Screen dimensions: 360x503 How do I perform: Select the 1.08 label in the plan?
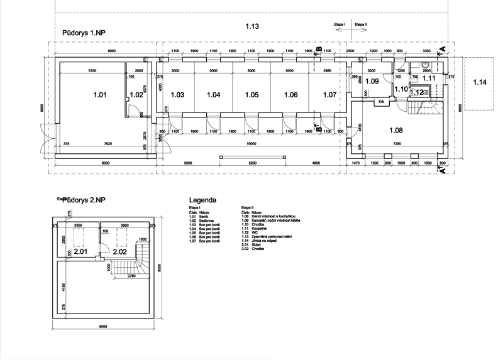(x=396, y=130)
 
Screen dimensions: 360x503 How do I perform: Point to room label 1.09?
(x=372, y=82)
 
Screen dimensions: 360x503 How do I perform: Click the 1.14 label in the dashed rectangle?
(x=480, y=82)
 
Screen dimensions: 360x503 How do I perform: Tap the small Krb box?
(x=381, y=102)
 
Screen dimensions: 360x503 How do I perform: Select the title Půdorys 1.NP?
(x=84, y=31)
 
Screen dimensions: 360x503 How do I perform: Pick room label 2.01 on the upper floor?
(x=80, y=251)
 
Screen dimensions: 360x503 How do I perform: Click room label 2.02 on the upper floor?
(x=119, y=251)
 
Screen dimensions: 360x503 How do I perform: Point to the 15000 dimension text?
(x=251, y=143)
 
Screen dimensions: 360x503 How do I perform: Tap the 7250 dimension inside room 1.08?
(x=397, y=144)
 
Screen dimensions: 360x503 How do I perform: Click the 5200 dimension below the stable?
(x=251, y=163)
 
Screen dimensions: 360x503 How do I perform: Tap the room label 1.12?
(x=416, y=92)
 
